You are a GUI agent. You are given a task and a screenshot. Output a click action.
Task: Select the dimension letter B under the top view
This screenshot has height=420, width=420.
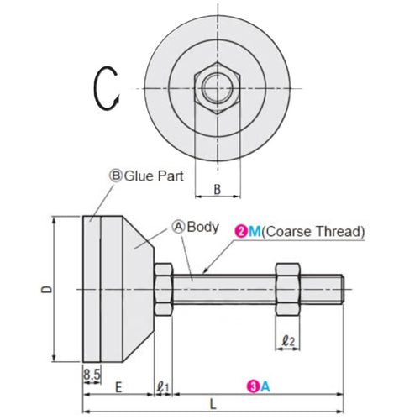217,190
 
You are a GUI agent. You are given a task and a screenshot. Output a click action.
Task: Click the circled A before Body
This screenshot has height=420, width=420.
178,226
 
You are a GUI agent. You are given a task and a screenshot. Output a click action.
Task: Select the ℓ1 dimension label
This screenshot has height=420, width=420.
164,387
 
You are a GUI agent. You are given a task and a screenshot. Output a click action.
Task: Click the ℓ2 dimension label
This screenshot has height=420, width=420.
287,342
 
